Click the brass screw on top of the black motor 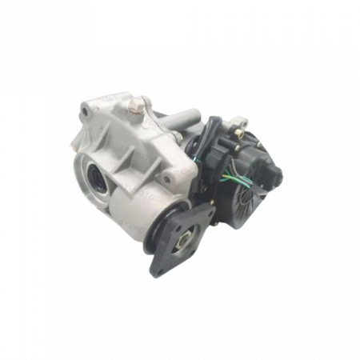(x=234, y=122)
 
